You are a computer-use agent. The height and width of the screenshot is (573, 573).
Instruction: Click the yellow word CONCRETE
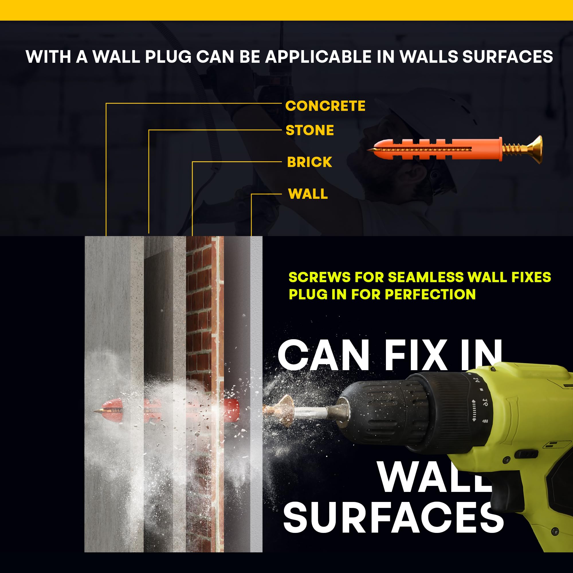[325, 106]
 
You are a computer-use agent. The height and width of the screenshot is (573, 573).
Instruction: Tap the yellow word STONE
[310, 130]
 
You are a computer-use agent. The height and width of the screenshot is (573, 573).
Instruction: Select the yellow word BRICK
[309, 162]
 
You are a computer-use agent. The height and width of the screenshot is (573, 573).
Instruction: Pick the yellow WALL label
[308, 194]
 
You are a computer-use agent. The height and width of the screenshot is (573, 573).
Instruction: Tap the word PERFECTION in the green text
[430, 294]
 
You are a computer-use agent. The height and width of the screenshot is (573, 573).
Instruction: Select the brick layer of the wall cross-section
[205, 395]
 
